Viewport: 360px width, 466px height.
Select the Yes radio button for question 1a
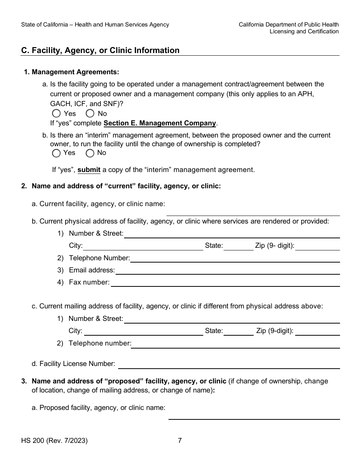(56, 113)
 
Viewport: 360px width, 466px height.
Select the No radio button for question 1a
(90, 113)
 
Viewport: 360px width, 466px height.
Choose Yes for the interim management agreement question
(56, 153)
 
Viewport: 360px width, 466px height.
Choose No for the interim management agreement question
(90, 153)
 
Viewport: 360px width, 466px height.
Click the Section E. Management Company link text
(160, 123)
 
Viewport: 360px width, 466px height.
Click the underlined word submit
(89, 170)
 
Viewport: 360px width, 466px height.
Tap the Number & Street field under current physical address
(232, 234)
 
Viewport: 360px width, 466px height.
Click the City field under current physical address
(143, 246)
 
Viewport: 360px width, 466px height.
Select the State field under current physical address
(238, 246)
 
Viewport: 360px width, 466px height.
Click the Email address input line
(227, 270)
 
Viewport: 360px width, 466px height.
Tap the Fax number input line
(225, 282)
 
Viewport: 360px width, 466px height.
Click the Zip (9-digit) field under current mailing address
(317, 331)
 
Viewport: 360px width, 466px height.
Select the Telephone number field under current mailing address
(235, 344)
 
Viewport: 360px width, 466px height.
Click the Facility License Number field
(229, 364)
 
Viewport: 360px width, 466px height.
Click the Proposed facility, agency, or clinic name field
(254, 415)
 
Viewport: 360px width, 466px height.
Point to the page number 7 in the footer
(180, 441)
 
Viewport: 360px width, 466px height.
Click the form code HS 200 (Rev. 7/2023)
(55, 441)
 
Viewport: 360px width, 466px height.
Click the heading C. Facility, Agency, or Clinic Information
(100, 50)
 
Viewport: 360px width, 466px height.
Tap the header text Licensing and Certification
(304, 31)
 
